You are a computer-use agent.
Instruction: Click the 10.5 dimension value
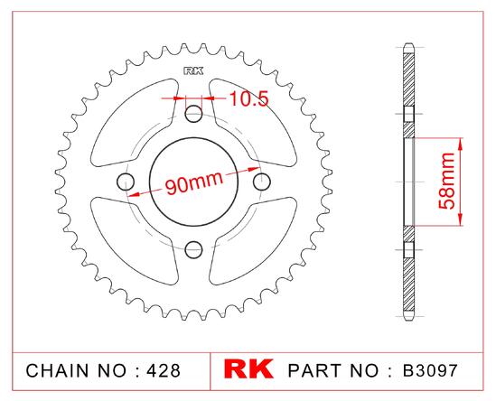pos(249,98)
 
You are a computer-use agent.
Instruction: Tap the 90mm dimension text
pos(194,182)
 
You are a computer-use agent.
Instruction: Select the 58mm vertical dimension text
pos(446,181)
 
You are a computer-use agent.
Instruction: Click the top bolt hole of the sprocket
pos(193,114)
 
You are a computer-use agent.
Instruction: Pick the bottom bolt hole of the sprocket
pos(193,250)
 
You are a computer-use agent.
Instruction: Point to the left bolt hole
pos(126,182)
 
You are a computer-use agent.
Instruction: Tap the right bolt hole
pos(262,182)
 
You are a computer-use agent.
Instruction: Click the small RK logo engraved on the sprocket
pos(193,70)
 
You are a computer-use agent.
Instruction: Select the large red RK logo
pos(248,368)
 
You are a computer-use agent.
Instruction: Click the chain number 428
pos(164,370)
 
